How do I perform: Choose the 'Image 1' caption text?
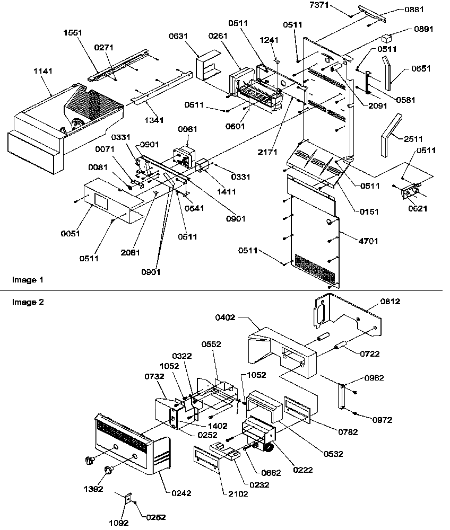24,279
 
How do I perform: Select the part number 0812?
390,302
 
